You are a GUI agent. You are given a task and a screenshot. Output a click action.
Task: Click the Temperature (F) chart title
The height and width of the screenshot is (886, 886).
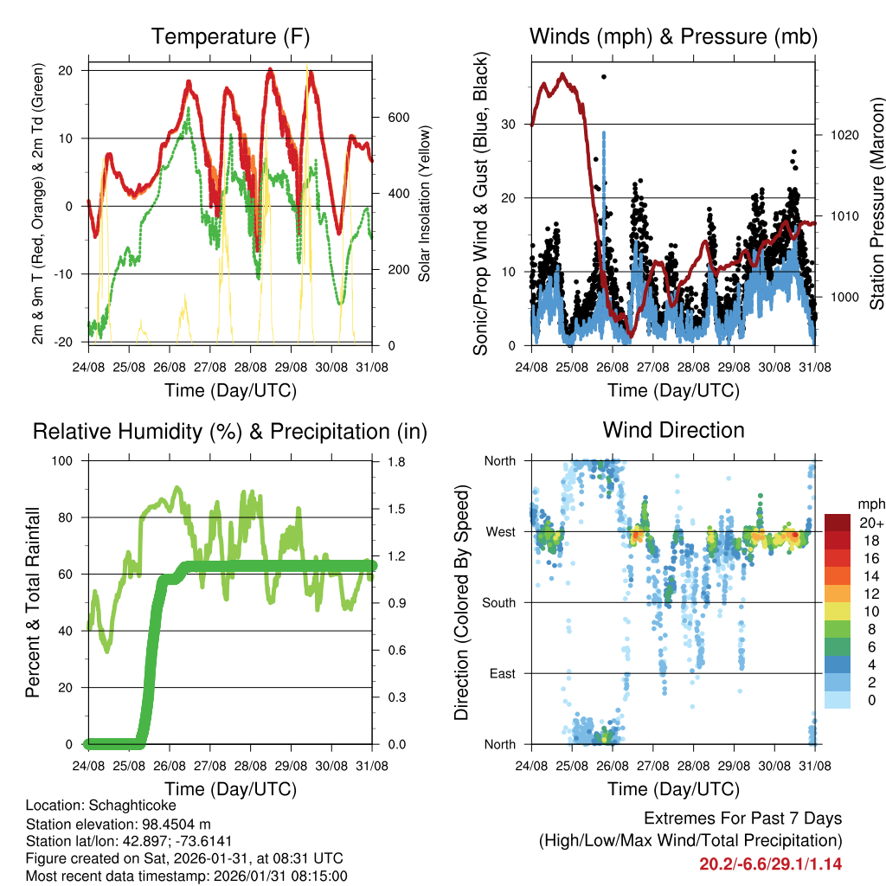point(230,36)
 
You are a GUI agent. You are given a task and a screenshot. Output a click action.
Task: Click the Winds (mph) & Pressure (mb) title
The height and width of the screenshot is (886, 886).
point(673,36)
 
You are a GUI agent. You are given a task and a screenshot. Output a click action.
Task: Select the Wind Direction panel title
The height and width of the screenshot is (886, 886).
point(673,429)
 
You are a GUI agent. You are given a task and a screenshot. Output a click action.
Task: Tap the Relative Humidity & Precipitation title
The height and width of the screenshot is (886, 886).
point(230,431)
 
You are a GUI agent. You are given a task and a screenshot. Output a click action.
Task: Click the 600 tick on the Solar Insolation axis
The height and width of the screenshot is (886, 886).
point(397,118)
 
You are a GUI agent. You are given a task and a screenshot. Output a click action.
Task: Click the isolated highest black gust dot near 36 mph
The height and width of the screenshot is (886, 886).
point(604,77)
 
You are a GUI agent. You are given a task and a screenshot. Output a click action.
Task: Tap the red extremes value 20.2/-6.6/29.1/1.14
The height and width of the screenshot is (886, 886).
point(770,864)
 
